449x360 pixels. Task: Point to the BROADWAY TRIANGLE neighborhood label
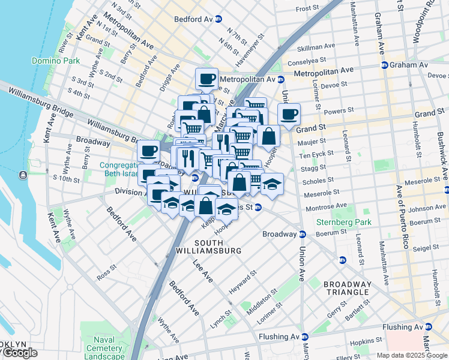point(347,288)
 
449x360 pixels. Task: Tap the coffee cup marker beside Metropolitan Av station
point(206,79)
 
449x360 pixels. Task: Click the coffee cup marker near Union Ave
point(289,114)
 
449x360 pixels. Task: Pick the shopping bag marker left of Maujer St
point(270,136)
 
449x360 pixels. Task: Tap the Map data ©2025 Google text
point(412,355)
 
